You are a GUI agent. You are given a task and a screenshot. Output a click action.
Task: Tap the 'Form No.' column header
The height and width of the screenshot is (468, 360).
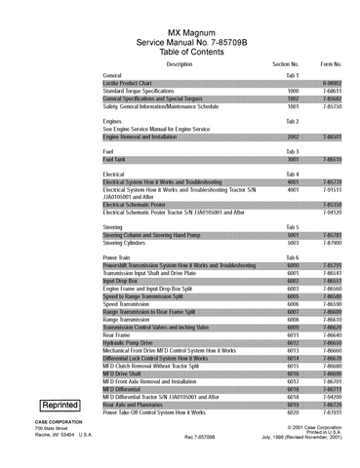coord(332,64)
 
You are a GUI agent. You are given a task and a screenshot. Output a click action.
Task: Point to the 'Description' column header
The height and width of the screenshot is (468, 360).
coord(180,64)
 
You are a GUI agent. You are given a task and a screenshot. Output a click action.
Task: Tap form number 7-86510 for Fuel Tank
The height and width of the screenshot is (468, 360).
coord(332,158)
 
